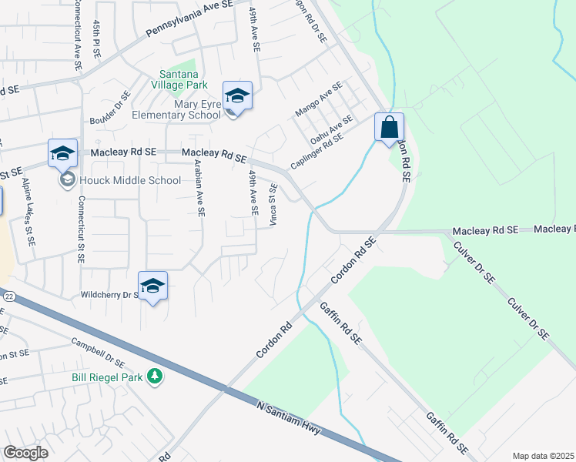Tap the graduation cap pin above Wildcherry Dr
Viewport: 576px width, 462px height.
153,286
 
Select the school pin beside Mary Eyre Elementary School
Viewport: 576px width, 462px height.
237,97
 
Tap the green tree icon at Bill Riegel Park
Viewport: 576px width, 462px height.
156,376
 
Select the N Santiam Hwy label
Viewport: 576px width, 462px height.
293,418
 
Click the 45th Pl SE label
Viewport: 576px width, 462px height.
97,37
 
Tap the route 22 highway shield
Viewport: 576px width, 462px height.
8,296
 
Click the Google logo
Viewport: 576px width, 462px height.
26,452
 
